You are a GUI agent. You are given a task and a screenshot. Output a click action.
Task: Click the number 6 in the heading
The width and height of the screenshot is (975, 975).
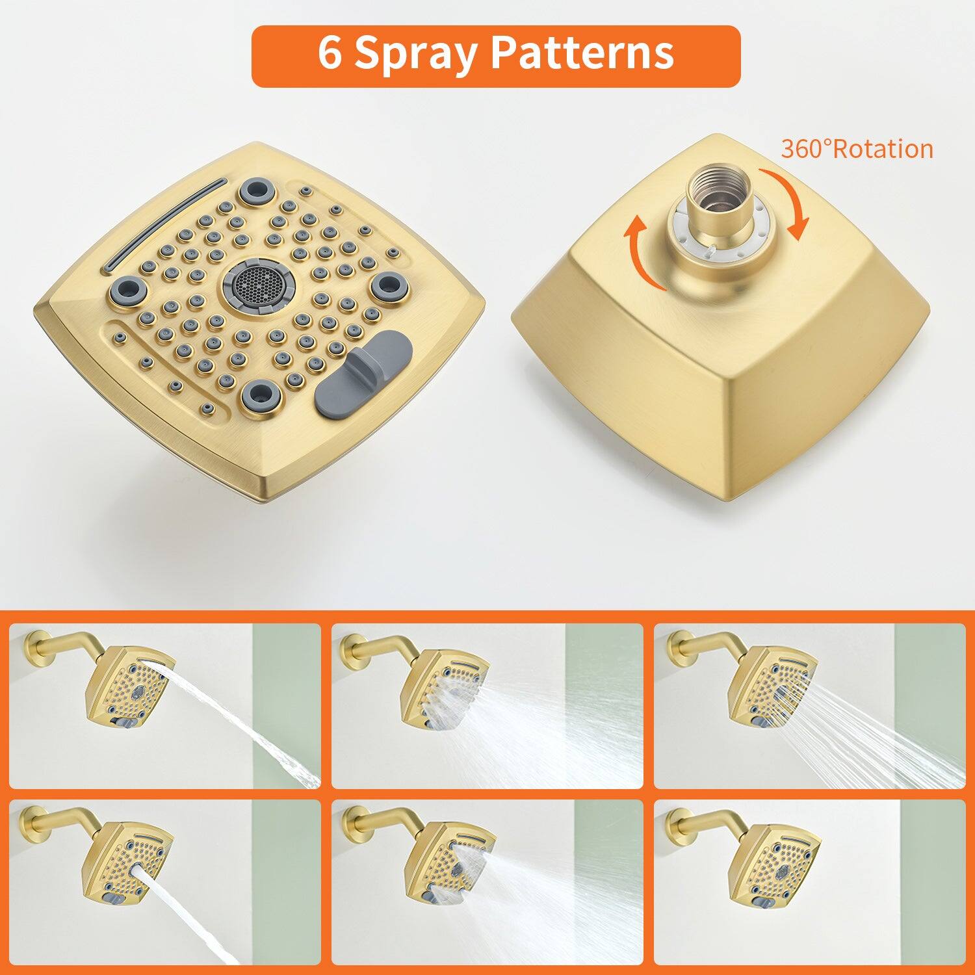pos(330,53)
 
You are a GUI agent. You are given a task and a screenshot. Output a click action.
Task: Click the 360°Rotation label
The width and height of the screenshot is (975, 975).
pos(857,149)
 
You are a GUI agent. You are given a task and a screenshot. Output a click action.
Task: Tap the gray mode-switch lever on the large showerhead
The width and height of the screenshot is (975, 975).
pos(363,373)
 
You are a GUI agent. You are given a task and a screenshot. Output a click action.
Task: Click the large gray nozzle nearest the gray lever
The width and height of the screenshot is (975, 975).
pos(259,393)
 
